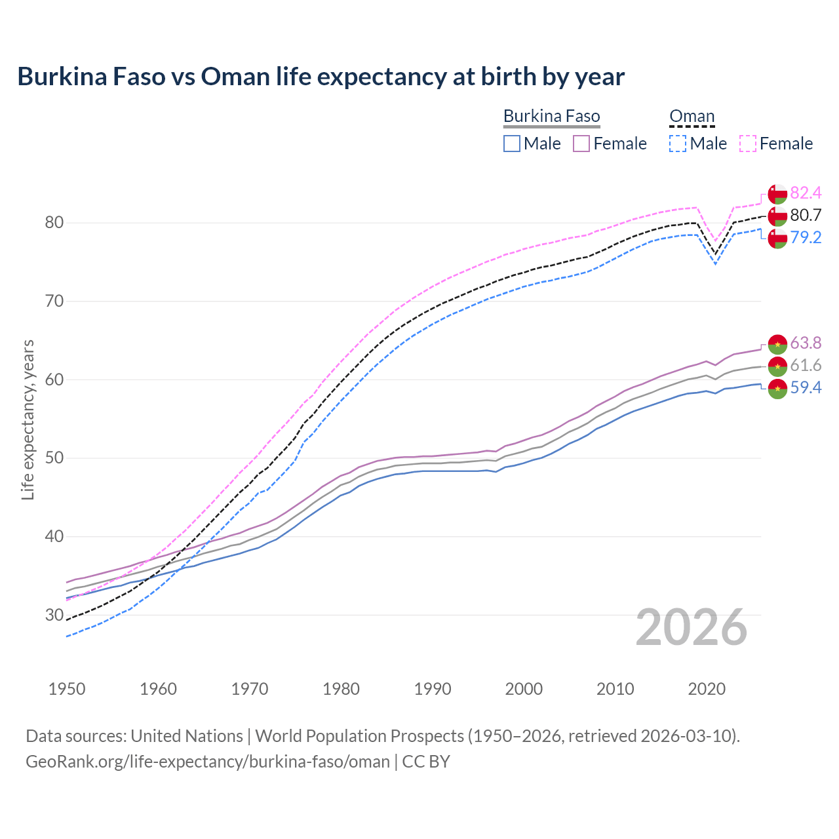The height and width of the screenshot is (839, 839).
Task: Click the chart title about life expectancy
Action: (321, 77)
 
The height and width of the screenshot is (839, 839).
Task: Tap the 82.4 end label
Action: (806, 193)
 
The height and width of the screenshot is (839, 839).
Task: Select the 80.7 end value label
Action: (806, 215)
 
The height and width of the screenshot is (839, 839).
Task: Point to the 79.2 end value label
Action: (806, 237)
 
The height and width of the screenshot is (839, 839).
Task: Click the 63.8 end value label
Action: (806, 343)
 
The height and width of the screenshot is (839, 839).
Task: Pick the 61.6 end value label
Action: (806, 365)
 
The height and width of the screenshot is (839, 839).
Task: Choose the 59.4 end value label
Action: (806, 387)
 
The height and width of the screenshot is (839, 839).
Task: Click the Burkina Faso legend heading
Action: (551, 117)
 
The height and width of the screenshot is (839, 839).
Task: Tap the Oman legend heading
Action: (692, 117)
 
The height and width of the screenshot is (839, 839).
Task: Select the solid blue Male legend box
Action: (512, 144)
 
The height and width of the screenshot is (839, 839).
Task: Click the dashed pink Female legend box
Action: (748, 144)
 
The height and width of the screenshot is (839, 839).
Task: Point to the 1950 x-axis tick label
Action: (67, 689)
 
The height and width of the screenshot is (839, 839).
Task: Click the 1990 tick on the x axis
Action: (433, 689)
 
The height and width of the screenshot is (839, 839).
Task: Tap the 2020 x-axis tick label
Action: (707, 689)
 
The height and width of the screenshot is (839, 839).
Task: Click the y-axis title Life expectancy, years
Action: (28, 419)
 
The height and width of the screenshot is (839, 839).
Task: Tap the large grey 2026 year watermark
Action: (691, 627)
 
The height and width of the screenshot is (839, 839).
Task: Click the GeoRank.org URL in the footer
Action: (208, 762)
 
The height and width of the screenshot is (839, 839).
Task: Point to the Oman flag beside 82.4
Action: (777, 194)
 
